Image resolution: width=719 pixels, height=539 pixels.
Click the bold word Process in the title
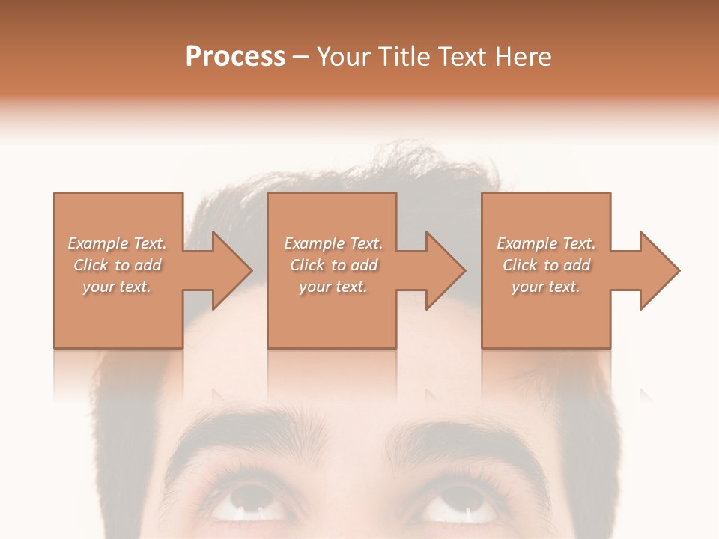click(x=235, y=57)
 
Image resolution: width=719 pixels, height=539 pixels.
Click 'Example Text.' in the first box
click(x=117, y=243)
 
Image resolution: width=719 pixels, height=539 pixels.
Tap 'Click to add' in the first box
click(x=117, y=265)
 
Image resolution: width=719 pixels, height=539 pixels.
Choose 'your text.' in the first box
click(x=117, y=287)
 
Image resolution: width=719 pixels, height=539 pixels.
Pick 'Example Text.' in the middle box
click(x=333, y=243)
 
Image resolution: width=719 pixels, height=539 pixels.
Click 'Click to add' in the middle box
click(x=333, y=265)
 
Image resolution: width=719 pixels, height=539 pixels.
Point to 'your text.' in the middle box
click(x=333, y=287)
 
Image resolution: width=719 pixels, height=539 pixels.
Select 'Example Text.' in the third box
click(x=546, y=243)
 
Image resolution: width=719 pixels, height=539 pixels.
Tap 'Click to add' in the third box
click(x=546, y=265)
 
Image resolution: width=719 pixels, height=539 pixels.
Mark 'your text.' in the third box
click(x=546, y=287)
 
